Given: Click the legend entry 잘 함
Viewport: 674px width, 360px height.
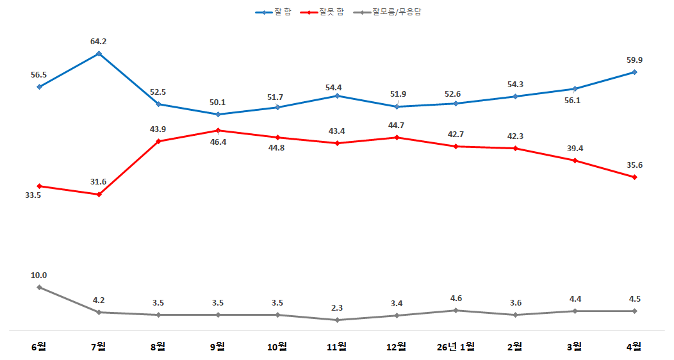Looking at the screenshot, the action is tap(274, 12).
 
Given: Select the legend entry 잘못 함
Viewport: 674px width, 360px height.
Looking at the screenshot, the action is tap(322, 12).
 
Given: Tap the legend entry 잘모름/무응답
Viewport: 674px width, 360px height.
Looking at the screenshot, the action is tap(387, 12).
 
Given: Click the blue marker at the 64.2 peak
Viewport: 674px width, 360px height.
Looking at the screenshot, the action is tap(99, 54).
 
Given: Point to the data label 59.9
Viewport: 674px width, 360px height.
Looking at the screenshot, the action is tap(634, 60).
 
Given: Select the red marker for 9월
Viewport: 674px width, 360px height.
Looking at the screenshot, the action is tap(218, 130).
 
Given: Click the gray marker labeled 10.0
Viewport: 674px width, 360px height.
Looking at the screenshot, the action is tap(40, 288).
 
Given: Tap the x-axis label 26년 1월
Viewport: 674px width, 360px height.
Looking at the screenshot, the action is tap(456, 347).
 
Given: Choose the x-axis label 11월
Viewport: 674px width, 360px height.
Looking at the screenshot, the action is tap(336, 347).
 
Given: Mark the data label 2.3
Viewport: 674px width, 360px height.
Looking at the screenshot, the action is tap(337, 308).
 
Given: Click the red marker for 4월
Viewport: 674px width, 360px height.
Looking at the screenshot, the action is tap(634, 177).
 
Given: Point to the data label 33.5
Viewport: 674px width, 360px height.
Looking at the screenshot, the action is tap(33, 195).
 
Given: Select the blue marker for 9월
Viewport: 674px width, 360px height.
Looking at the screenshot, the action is tap(218, 114).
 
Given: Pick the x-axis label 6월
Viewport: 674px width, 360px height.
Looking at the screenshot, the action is tap(38, 347).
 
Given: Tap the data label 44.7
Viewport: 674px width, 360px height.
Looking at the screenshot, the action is tap(396, 126).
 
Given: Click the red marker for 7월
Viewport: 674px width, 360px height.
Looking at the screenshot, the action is tap(99, 195).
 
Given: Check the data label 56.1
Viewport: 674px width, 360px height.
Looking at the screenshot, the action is tap(572, 101).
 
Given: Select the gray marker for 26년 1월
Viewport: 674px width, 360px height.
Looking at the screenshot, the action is tap(456, 310).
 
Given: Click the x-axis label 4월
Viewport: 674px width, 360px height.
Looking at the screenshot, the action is tap(634, 347).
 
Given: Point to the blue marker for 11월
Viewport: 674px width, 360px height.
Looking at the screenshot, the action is tap(337, 96).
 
